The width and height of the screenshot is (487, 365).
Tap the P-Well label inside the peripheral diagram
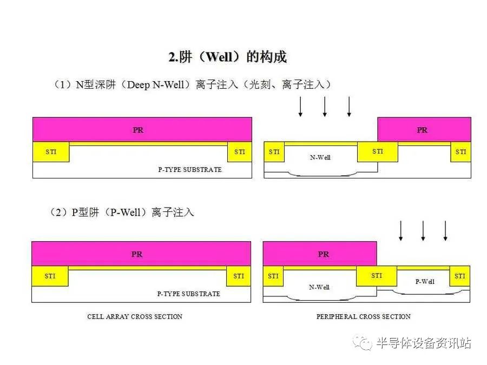click(x=425, y=281)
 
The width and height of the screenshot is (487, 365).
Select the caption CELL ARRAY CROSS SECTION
click(x=135, y=316)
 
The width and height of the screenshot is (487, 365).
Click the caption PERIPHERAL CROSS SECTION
click(x=364, y=316)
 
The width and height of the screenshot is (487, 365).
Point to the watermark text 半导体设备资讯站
click(x=423, y=343)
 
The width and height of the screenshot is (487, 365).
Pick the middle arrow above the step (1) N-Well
click(x=325, y=107)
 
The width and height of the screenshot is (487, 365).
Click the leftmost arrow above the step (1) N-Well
click(x=300, y=107)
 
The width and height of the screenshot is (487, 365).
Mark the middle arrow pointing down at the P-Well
click(x=423, y=230)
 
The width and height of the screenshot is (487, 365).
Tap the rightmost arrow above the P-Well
click(x=445, y=230)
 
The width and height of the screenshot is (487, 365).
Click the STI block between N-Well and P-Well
click(x=377, y=276)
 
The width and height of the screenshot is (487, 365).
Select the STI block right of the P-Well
click(x=460, y=276)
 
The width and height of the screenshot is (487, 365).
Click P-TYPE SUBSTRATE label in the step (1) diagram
click(x=190, y=169)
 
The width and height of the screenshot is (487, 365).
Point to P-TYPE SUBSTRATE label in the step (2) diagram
click(x=189, y=294)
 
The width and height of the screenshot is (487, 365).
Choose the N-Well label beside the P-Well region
click(x=319, y=287)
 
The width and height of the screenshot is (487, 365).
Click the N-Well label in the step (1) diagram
click(x=320, y=157)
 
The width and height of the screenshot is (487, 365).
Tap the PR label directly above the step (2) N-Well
click(x=324, y=254)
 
